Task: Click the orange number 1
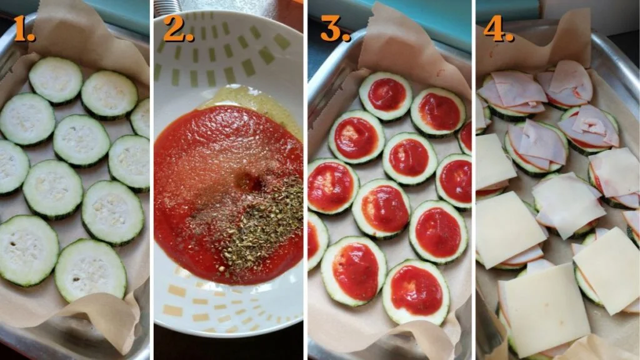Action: pyautogui.click(x=23, y=29)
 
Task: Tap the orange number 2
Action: pyautogui.click(x=177, y=29)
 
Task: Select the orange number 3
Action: pyautogui.click(x=334, y=29)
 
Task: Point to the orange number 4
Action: pyautogui.click(x=498, y=29)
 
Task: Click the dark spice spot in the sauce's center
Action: pyautogui.click(x=248, y=182)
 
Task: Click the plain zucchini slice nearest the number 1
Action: pyautogui.click(x=56, y=80)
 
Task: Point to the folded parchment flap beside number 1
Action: pyautogui.click(x=94, y=34)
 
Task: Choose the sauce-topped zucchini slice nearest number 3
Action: pyautogui.click(x=386, y=96)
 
